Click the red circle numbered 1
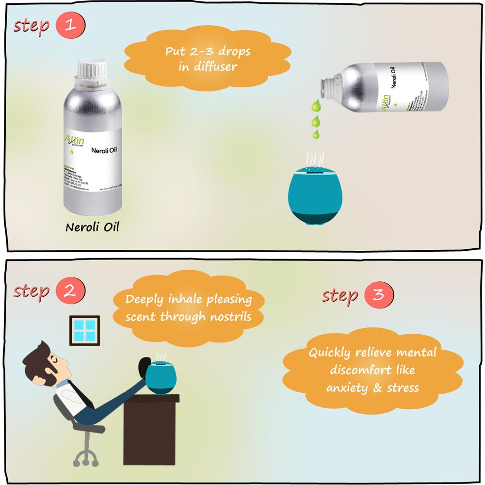point(70,26)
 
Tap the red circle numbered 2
point(70,291)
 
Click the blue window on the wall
point(84,330)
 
